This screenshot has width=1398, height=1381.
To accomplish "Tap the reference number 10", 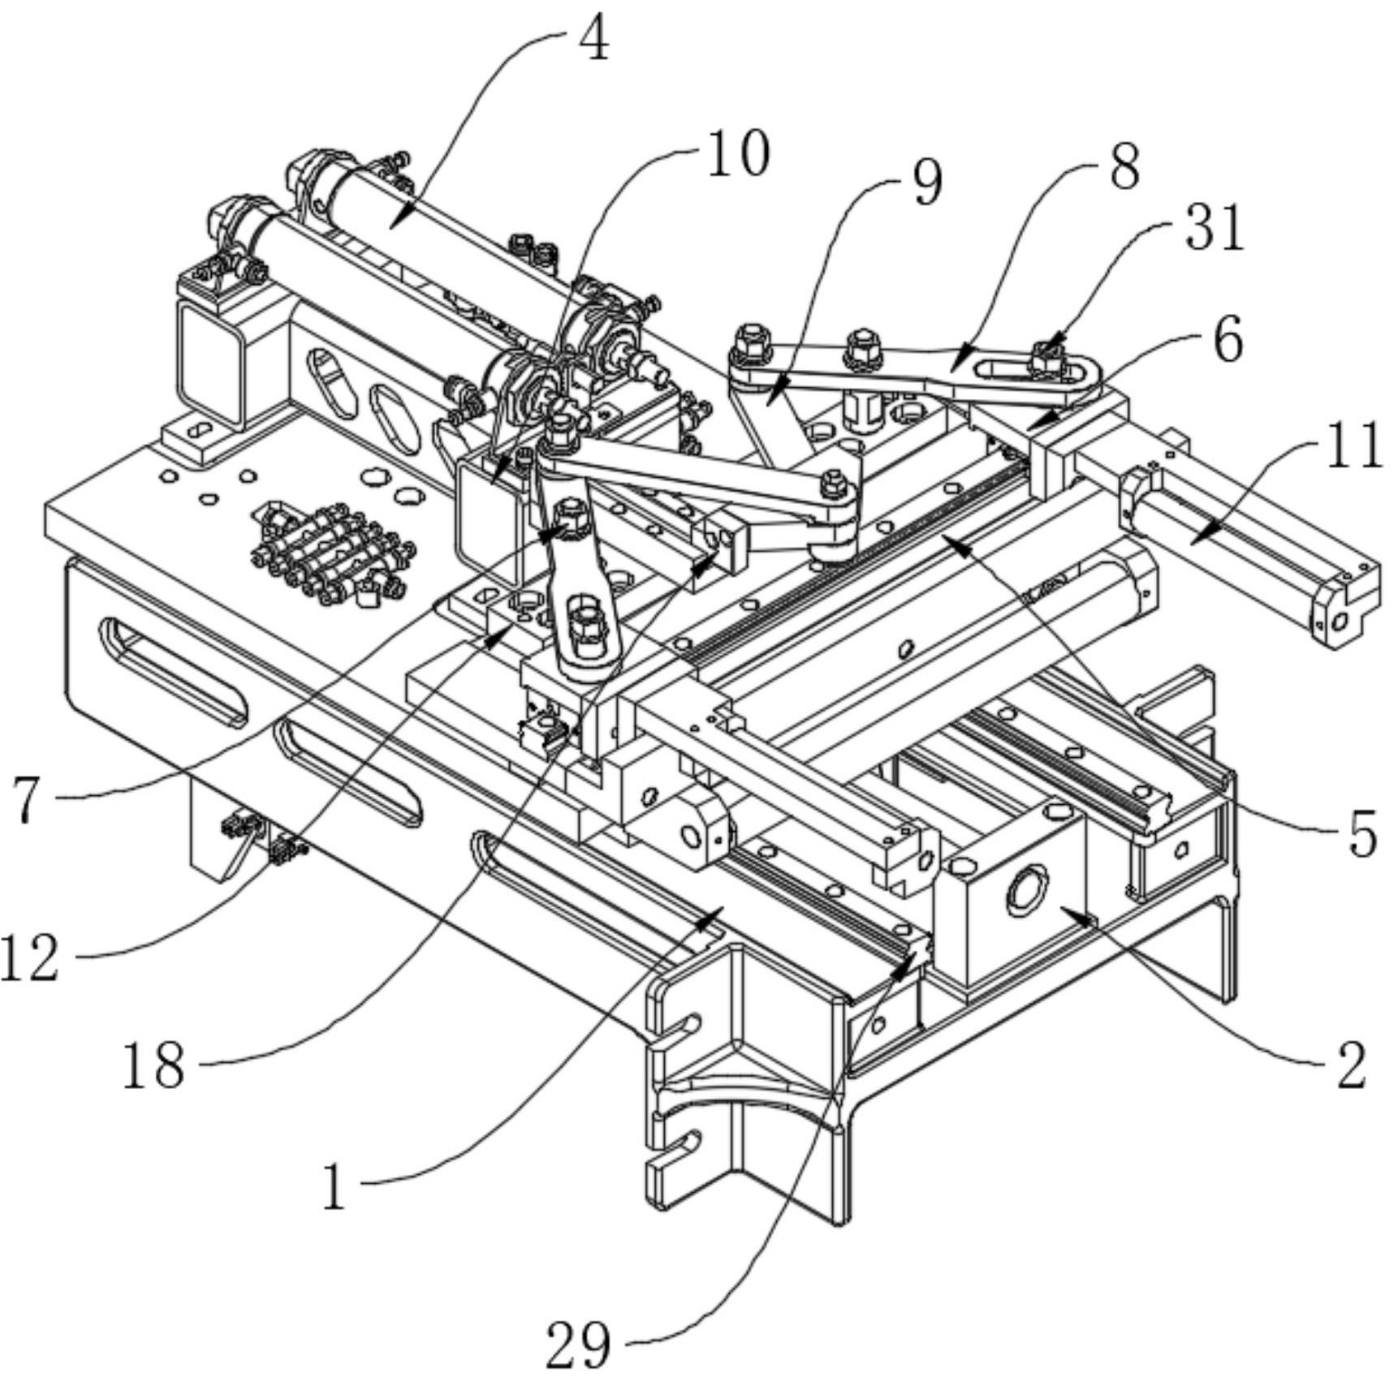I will [x=737, y=154].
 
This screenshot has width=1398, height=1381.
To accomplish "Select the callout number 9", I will [x=927, y=182].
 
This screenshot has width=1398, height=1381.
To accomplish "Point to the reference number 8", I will [x=1124, y=168].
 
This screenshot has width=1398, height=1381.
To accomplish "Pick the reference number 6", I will [x=1228, y=340].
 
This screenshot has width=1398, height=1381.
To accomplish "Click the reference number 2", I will [x=1351, y=1066].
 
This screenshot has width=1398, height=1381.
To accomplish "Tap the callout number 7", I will [x=27, y=799].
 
